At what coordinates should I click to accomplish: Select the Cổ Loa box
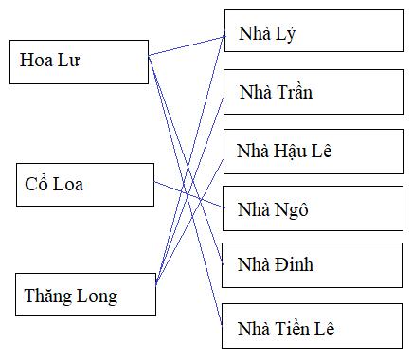(x=84, y=184)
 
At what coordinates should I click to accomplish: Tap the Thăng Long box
(x=84, y=295)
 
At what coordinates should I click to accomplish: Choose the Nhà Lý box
(x=313, y=36)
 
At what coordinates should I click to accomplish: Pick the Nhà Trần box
(x=313, y=93)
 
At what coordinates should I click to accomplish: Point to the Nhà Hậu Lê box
(x=313, y=151)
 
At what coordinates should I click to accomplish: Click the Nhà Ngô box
(x=313, y=209)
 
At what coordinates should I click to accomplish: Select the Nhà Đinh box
(x=313, y=264)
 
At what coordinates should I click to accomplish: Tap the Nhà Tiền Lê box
(x=313, y=329)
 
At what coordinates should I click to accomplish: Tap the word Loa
(x=67, y=184)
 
